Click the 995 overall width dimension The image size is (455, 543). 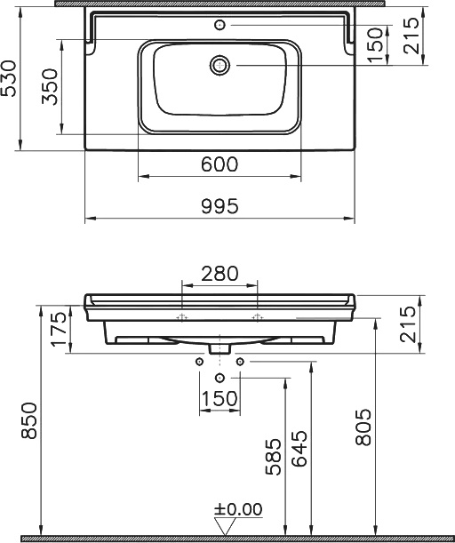pyautogui.click(x=220, y=205)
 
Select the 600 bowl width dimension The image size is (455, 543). pyautogui.click(x=220, y=164)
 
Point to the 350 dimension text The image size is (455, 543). pyautogui.click(x=52, y=87)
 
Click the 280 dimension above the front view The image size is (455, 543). pyautogui.click(x=220, y=274)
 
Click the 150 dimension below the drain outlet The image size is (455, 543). pyautogui.click(x=220, y=399)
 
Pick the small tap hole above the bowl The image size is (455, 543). pyautogui.click(x=220, y=25)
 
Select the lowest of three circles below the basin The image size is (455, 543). pyautogui.click(x=220, y=378)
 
